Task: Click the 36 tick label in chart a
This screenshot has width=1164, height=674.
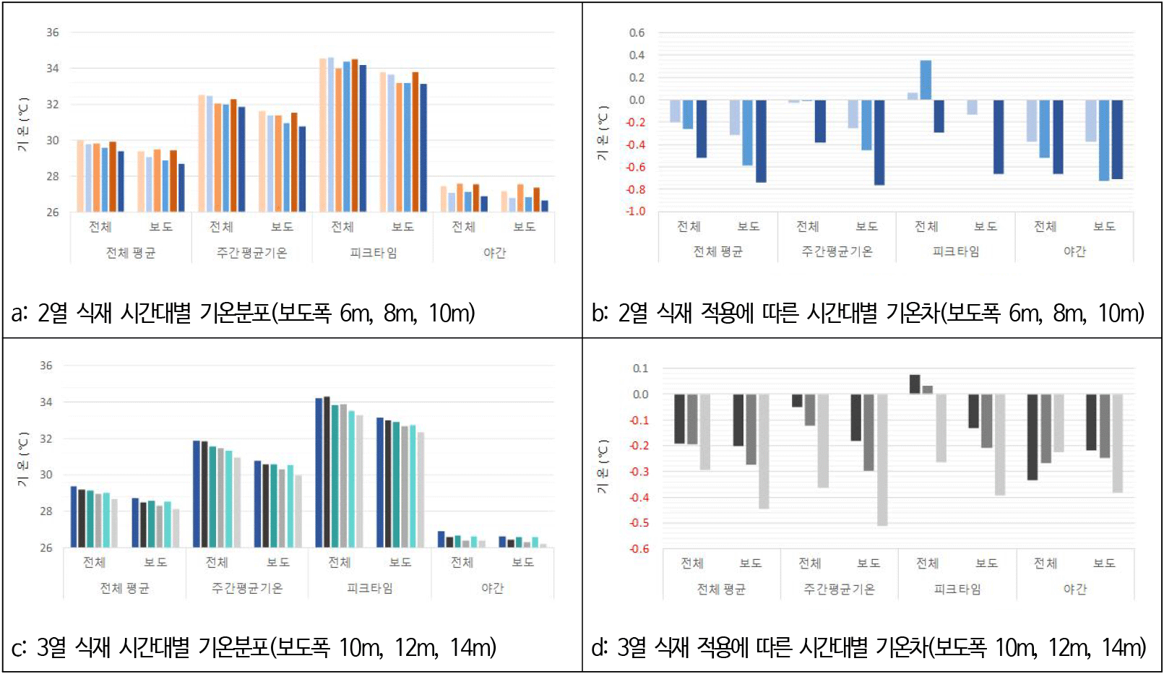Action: pos(53,33)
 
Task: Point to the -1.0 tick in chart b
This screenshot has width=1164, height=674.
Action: pos(635,212)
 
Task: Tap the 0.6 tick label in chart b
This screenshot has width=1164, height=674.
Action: pos(637,33)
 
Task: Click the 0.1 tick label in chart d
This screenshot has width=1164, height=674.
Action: pos(641,368)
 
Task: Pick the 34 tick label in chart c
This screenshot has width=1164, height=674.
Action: pos(46,402)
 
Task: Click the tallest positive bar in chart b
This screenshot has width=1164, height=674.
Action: pos(926,79)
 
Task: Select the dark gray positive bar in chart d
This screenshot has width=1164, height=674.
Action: pos(915,384)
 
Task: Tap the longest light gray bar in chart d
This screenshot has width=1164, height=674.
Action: pos(882,459)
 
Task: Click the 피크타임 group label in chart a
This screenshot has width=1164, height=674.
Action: pos(373,253)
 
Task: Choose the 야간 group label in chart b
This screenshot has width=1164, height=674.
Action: pos(1074,251)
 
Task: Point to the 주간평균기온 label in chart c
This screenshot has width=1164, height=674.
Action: pos(247,588)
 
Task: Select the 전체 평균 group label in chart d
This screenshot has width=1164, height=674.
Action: pos(721,589)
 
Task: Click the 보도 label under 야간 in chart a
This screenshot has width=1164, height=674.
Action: pos(525,227)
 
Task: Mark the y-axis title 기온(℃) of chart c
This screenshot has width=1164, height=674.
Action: pos(24,459)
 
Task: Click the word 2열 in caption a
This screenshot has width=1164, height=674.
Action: pos(53,314)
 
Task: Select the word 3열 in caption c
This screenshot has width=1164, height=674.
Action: pos(51,647)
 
